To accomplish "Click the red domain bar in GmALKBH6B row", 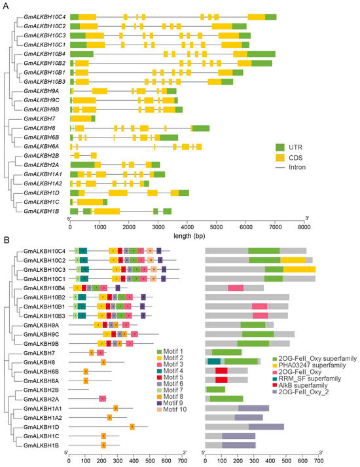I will pyautogui.click(x=221, y=371).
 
